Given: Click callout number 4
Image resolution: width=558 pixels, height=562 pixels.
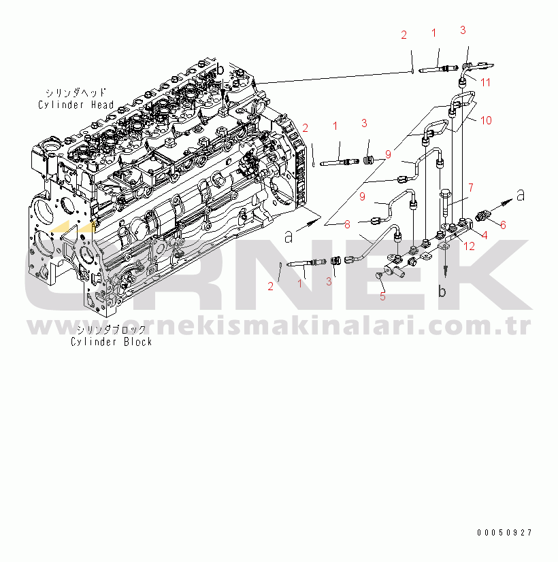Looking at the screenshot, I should (485, 236).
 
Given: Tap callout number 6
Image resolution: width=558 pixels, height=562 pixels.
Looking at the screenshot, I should (503, 225).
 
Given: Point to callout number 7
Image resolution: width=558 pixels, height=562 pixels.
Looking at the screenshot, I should (470, 186).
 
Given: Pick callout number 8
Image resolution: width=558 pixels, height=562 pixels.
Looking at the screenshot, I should (346, 224).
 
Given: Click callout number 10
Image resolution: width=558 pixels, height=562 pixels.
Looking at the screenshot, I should (486, 120).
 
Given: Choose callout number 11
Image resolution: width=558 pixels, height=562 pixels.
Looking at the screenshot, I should (485, 82).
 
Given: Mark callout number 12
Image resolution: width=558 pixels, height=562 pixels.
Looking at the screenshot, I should (469, 245).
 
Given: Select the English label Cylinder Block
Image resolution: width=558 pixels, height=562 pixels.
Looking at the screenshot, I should (111, 341).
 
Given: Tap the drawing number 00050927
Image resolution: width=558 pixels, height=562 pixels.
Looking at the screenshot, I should (504, 533).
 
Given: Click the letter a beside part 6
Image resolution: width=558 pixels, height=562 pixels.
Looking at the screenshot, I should (521, 195).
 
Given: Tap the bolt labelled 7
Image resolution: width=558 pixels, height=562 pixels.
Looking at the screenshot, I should (446, 204).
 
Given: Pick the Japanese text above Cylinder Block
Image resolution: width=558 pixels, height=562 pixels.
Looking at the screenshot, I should (111, 330).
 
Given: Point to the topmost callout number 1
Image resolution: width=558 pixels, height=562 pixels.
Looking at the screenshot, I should (433, 33).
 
